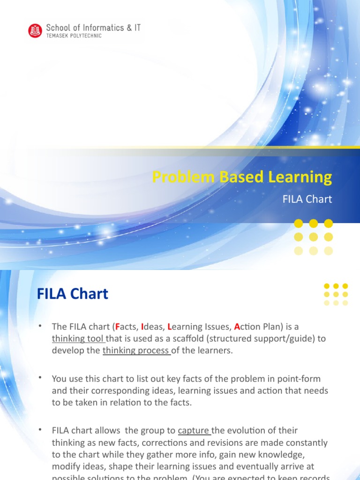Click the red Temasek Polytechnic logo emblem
pos(35,31)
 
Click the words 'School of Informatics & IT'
pos(93,28)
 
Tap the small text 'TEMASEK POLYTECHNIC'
pos(74,36)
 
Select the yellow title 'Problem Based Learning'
pos(242,177)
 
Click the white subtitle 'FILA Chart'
pos(307,199)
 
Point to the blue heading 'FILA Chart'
pos(73,294)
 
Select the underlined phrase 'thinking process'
pos(136,351)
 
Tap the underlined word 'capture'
pos(194,430)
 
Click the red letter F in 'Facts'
pos(118,326)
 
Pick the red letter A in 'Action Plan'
pos(237,326)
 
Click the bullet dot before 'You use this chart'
pos(41,377)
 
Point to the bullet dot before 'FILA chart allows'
pos(41,429)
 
